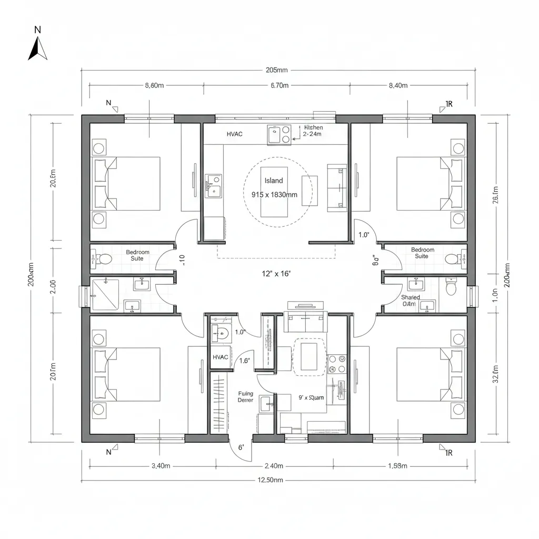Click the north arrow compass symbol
[37, 49]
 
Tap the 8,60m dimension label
[154, 85]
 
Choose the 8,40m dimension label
[398, 85]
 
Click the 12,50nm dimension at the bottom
[270, 480]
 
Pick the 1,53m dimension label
[397, 466]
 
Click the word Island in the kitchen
[273, 181]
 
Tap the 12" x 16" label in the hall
[276, 273]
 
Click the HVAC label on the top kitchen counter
[235, 134]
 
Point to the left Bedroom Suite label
[137, 255]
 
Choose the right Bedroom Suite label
[422, 253]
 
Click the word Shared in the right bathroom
[410, 297]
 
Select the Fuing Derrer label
[245, 397]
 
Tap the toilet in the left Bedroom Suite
[104, 259]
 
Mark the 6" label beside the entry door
[241, 447]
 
